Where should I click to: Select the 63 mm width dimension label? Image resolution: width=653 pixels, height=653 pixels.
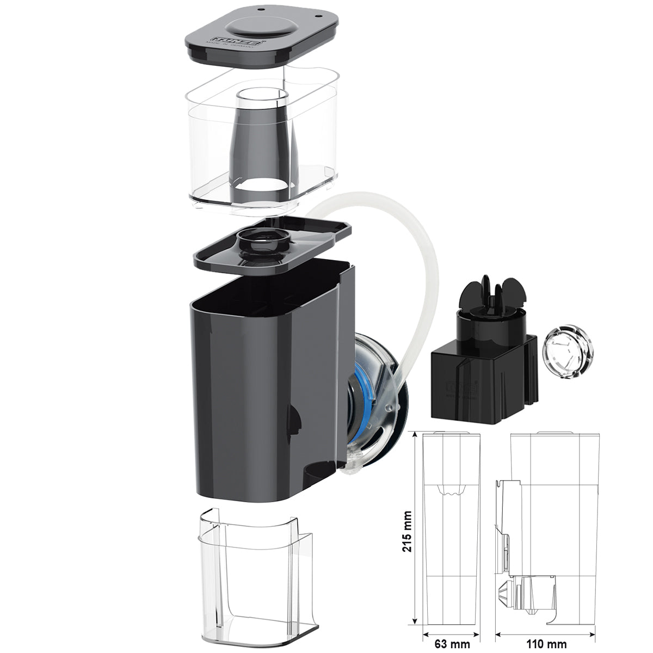(452, 644)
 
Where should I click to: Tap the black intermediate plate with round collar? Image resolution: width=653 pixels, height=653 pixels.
(272, 245)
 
